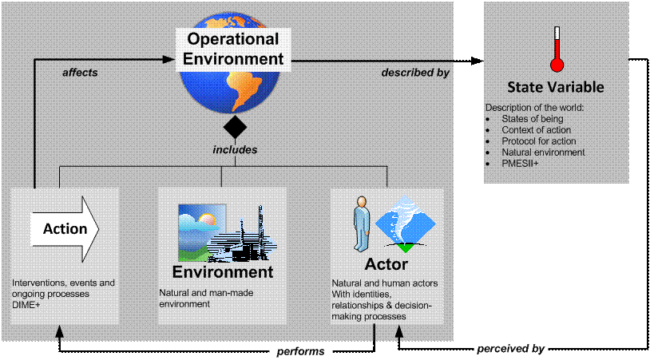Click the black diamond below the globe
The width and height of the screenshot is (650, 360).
click(x=235, y=127)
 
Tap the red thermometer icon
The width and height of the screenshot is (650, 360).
click(x=557, y=49)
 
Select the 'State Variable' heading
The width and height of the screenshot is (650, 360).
click(x=556, y=87)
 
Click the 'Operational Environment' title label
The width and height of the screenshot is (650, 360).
click(x=233, y=49)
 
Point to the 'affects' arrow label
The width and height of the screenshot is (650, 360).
click(x=80, y=73)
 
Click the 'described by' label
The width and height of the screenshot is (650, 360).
click(x=415, y=73)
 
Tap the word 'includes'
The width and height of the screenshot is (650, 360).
click(x=235, y=149)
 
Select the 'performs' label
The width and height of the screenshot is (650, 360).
click(x=300, y=351)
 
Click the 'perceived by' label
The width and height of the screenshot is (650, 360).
click(x=510, y=349)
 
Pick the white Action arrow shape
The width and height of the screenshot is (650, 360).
click(x=65, y=229)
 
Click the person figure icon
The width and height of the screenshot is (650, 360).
click(x=362, y=224)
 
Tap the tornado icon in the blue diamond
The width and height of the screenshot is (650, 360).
click(x=406, y=224)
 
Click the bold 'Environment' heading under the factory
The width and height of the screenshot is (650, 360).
click(x=223, y=272)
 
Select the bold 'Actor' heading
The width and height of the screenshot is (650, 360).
click(x=386, y=264)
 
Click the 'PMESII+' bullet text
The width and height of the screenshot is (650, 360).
click(x=520, y=164)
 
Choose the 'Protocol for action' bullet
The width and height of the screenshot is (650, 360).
click(x=539, y=141)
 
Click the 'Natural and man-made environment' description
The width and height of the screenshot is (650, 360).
click(x=206, y=299)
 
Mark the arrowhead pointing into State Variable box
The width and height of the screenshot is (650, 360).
click(x=478, y=61)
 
